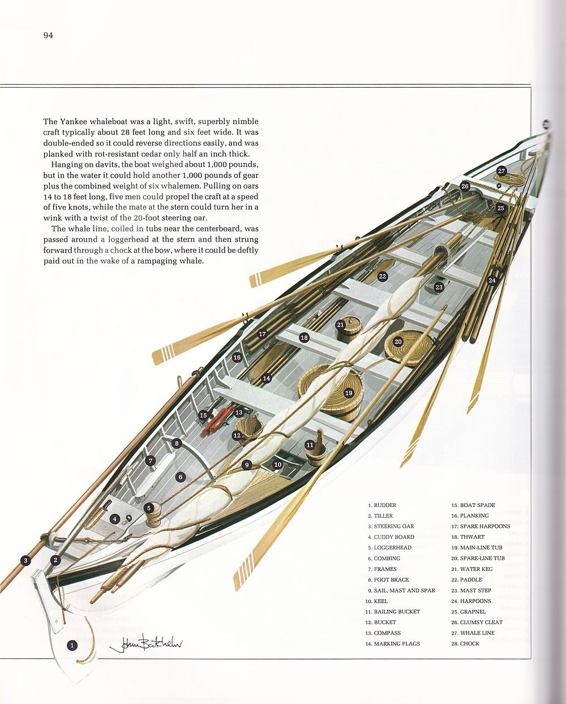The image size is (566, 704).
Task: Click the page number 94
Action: pos(48,36)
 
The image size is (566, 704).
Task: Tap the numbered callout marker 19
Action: pos(349,393)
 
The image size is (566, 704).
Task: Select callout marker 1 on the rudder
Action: pos(72,645)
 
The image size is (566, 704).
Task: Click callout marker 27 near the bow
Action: pos(501,171)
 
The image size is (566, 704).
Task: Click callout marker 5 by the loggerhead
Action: pos(149,508)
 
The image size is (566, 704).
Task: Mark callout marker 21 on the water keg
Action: pos(340,325)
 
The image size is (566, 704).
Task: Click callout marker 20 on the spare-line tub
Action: pos(398,342)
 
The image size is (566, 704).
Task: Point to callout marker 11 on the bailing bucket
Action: pos(310,445)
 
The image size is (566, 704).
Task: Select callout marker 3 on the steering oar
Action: pos(25,561)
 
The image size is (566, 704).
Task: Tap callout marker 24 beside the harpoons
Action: pos(492,280)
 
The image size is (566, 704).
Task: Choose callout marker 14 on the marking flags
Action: pos(266,379)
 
